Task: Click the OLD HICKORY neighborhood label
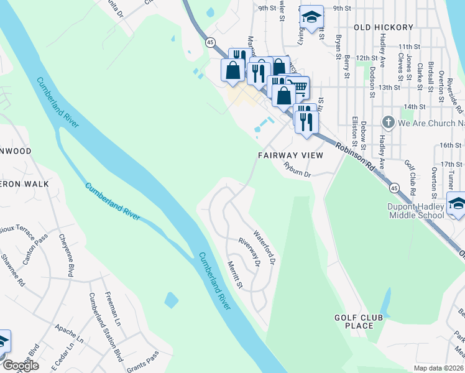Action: tap(383, 27)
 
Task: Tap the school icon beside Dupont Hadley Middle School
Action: tap(456, 205)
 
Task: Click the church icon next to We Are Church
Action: tap(389, 122)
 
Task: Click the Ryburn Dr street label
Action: tap(297, 169)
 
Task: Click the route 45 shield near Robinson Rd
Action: tap(394, 186)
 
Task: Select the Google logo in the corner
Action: tap(21, 366)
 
